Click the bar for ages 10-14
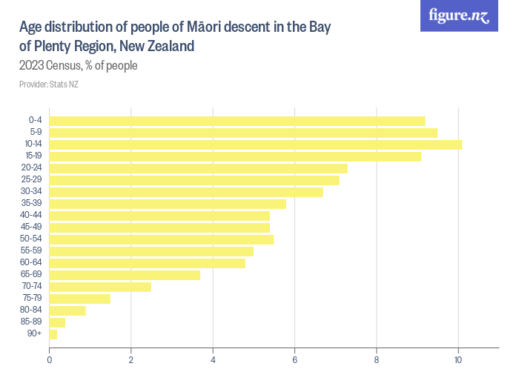pos(255,144)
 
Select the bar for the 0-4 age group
pos(237,121)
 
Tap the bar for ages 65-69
pos(125,275)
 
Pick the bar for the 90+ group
pos(53,334)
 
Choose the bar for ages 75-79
pos(79,299)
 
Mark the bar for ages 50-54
pos(162,239)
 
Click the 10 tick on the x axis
pos(458,361)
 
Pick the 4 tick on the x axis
pos(213,361)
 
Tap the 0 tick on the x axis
pos(50,361)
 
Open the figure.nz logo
pos(459,16)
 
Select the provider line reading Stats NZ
pos(49,84)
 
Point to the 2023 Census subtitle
pos(79,66)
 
